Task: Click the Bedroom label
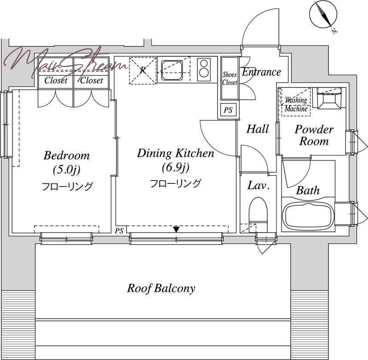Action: (67, 155)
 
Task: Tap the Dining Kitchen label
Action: (176, 154)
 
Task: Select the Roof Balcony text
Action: (161, 288)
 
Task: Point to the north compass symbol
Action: (323, 15)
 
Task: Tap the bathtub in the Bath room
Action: (308, 216)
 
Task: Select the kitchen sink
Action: (172, 70)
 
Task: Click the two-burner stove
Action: (203, 69)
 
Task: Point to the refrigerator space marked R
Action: (143, 70)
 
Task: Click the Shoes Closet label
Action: (230, 79)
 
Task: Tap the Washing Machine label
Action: (296, 104)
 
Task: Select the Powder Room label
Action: (314, 135)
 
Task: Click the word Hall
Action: (258, 129)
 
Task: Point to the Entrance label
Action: (261, 72)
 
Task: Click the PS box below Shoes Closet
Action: (228, 110)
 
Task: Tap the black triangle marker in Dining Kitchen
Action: (176, 229)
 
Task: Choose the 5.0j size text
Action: (67, 170)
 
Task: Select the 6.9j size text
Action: (176, 168)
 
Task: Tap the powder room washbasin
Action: (329, 99)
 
